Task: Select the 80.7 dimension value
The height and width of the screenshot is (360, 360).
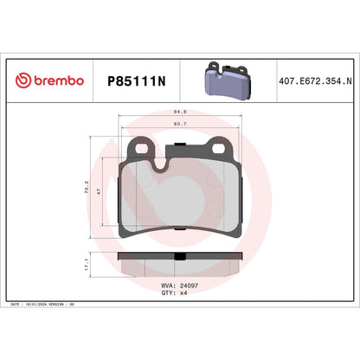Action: point(180,125)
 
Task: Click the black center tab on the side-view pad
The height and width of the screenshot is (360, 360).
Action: point(179,257)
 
